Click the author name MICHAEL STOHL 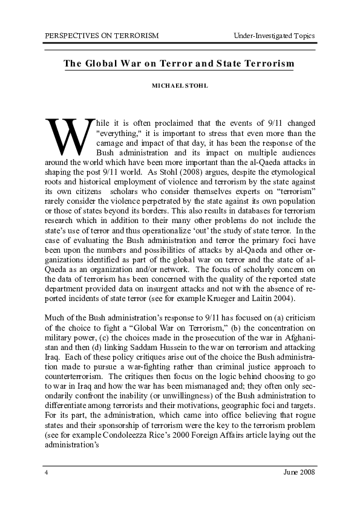(179, 86)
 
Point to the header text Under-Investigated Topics (274, 36)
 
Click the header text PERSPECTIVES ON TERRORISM (102, 36)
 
